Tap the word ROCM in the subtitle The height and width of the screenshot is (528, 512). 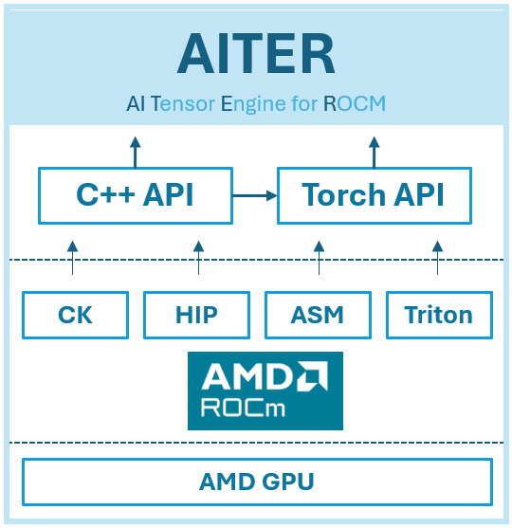(x=355, y=103)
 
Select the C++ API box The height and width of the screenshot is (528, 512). (x=135, y=195)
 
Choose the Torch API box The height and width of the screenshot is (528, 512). (x=374, y=195)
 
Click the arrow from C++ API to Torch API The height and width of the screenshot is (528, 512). (x=254, y=195)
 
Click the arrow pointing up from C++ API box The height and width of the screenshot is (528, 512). (x=135, y=152)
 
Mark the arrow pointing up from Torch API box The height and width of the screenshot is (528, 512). (x=374, y=152)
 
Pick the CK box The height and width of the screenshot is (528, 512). (x=74, y=315)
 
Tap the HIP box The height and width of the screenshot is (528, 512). (x=196, y=315)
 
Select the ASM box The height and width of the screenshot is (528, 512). (x=318, y=315)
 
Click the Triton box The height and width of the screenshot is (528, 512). (x=439, y=315)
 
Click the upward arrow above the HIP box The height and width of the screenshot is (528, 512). (x=198, y=257)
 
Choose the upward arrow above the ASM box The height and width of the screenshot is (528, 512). (x=317, y=257)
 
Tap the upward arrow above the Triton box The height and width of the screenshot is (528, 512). (x=437, y=257)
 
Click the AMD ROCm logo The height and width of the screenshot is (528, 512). (x=265, y=391)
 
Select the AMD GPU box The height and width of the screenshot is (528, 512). (x=256, y=482)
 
